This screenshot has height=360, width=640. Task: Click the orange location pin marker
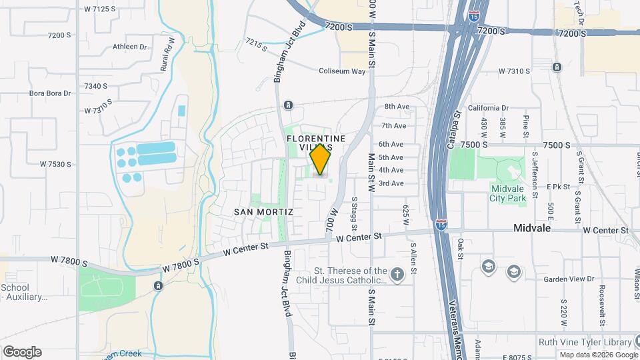coord(321,160)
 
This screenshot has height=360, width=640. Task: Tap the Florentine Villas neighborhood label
coord(317,142)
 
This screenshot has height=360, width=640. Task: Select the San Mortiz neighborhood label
coord(264,211)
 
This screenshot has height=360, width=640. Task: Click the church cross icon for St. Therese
coord(397,275)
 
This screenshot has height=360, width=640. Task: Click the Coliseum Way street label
coord(342,71)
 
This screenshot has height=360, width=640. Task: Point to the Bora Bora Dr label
coord(50,93)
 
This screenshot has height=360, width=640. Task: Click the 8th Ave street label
coord(397,107)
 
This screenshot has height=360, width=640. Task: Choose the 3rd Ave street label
coord(391,183)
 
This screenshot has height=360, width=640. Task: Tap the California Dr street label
coord(488,107)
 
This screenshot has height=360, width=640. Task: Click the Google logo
coord(22,351)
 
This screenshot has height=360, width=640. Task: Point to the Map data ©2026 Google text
coord(599,355)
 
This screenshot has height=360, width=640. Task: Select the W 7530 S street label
coord(55,164)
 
